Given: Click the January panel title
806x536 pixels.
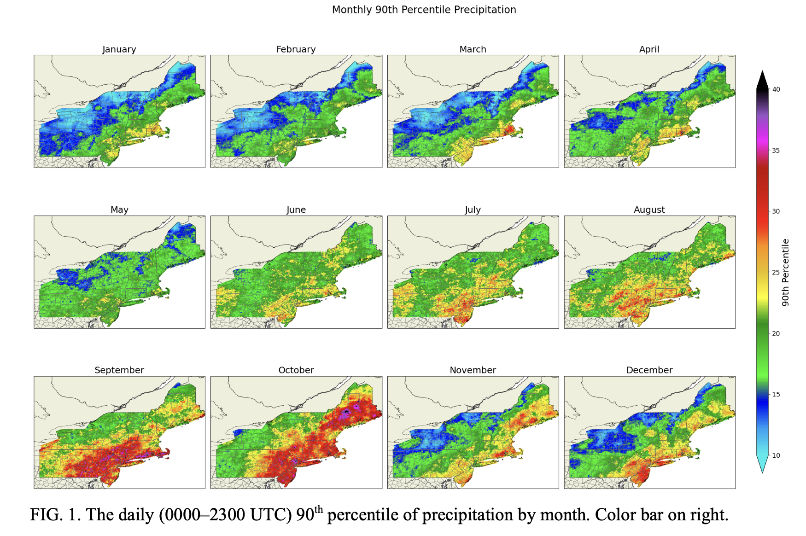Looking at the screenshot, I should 119,49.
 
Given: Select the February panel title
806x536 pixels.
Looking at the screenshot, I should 296,49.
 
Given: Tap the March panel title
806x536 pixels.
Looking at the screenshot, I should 473,49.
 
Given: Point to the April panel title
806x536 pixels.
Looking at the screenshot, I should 649,49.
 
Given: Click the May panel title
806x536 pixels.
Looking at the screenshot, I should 119,210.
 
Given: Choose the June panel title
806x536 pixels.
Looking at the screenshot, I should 296,210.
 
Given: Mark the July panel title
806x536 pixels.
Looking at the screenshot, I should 473,210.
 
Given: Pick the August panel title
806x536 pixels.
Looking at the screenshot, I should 649,210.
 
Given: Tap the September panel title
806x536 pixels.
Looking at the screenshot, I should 119,370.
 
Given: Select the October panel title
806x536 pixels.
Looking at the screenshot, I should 296,370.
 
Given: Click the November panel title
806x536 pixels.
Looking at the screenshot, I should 473,370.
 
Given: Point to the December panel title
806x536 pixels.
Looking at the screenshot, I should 649,370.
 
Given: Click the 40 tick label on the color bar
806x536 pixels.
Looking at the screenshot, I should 776,89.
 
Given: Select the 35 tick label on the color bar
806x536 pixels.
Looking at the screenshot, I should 776,151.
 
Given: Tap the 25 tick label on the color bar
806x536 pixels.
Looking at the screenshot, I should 776,273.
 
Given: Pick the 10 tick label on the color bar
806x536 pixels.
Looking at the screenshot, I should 776,455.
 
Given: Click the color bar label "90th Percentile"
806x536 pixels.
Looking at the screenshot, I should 786,272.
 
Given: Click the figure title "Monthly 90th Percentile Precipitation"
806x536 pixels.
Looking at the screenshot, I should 424,10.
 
